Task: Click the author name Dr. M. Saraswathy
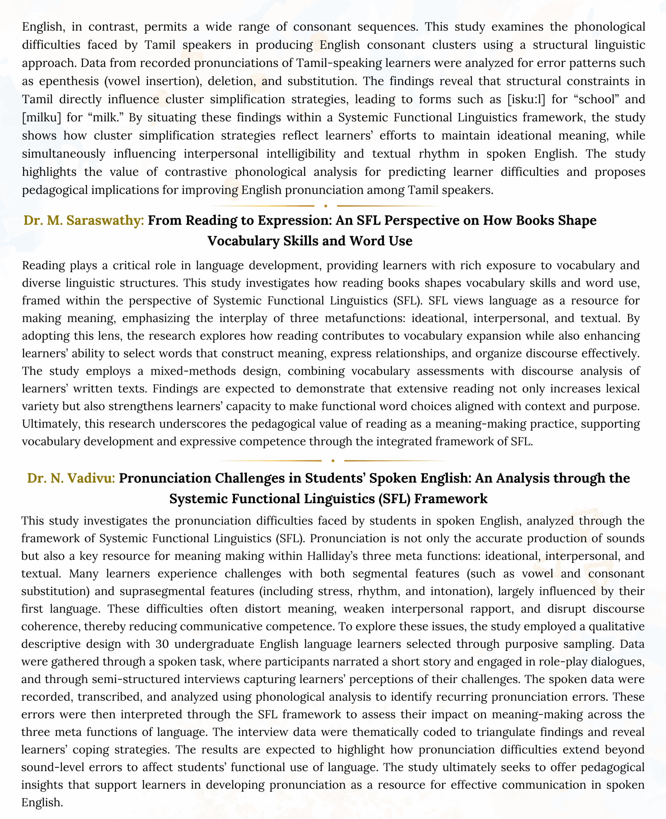click(x=84, y=220)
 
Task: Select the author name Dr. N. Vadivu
click(x=71, y=478)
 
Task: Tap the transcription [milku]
click(x=41, y=117)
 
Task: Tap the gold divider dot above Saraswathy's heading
click(x=326, y=206)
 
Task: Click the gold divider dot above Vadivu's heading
click(x=333, y=461)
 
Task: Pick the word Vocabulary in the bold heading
click(x=243, y=241)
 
